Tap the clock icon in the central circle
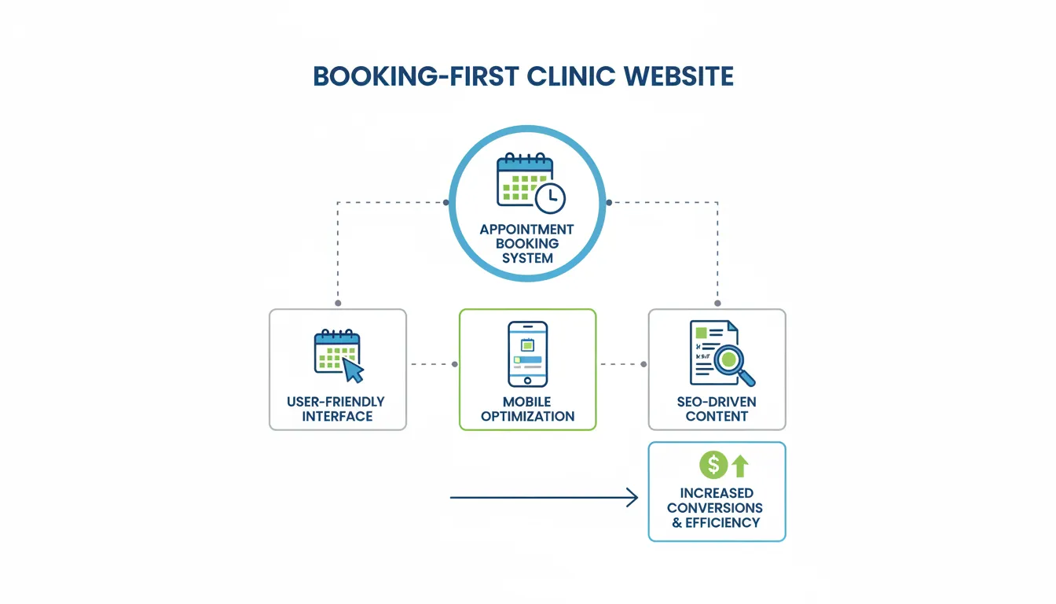[x=550, y=198]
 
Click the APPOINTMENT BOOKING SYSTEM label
[x=527, y=243]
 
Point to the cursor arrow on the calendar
[x=353, y=370]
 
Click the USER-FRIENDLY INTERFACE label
[x=336, y=409]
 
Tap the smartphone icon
[x=527, y=354]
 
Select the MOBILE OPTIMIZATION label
[x=527, y=409]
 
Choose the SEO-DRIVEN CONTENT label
[x=717, y=409]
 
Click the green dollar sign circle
[x=713, y=465]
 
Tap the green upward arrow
[x=739, y=466]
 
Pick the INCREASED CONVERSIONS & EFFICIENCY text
[x=716, y=508]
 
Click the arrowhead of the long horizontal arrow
[x=632, y=498]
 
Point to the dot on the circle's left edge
[x=447, y=202]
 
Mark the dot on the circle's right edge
[x=608, y=202]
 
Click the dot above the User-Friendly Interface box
[x=338, y=303]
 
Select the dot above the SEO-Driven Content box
[x=717, y=303]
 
